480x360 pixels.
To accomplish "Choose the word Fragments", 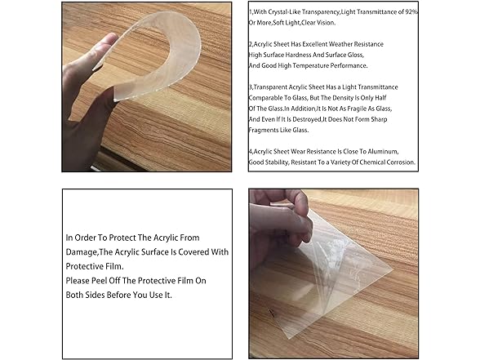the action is coord(263,130).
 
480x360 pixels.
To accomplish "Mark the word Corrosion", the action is coord(400,162).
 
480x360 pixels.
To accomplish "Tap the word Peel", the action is coord(99,281).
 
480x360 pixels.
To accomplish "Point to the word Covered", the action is coord(193,252).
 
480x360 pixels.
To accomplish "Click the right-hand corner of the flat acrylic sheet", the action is coord(392,269).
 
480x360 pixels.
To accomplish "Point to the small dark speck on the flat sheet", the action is coord(271,313).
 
